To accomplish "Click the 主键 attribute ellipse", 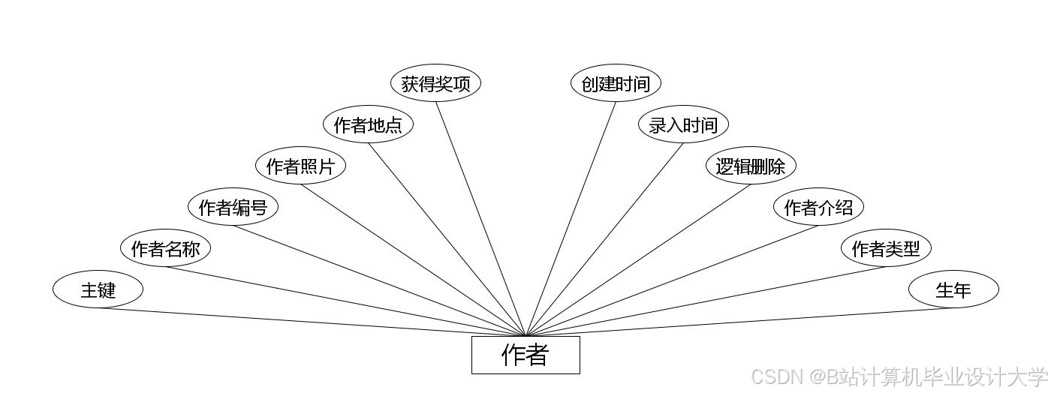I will pos(98,289).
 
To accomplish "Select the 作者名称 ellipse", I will pos(165,248).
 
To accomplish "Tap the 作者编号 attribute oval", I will pos(233,207).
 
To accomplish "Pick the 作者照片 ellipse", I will pos(300,166).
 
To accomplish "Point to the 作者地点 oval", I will pos(368,124).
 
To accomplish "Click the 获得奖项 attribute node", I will pos(435,83).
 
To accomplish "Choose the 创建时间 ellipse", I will pos(616,83).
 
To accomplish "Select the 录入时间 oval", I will pos(683,124).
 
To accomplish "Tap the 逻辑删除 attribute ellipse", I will pos(751,166).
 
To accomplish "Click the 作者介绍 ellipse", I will pos(818,207).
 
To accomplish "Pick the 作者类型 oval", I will pos(886,248).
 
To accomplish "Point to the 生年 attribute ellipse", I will pos(953,289).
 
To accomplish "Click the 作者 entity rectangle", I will pos(525,355).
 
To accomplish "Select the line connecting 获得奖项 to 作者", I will pos(480,218).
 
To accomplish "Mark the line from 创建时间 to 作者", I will pos(571,218).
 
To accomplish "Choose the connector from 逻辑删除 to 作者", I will pos(638,260).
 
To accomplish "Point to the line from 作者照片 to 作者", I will pos(413,260).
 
